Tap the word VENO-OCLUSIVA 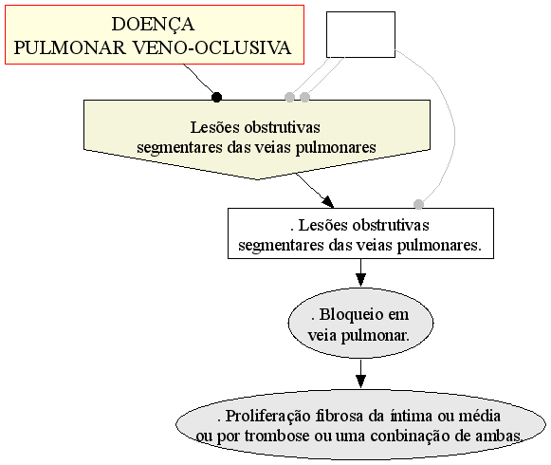[x=212, y=47]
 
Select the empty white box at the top [x=360, y=34]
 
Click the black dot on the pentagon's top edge [x=217, y=97]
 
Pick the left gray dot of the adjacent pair [x=289, y=97]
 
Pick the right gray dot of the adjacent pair [x=304, y=97]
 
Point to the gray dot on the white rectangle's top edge [x=418, y=204]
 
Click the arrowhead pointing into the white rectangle [x=328, y=201]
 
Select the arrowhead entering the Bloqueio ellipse [x=360, y=280]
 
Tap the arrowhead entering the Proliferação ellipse [x=360, y=381]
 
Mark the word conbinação [x=410, y=437]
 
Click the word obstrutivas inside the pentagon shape [x=283, y=127]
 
